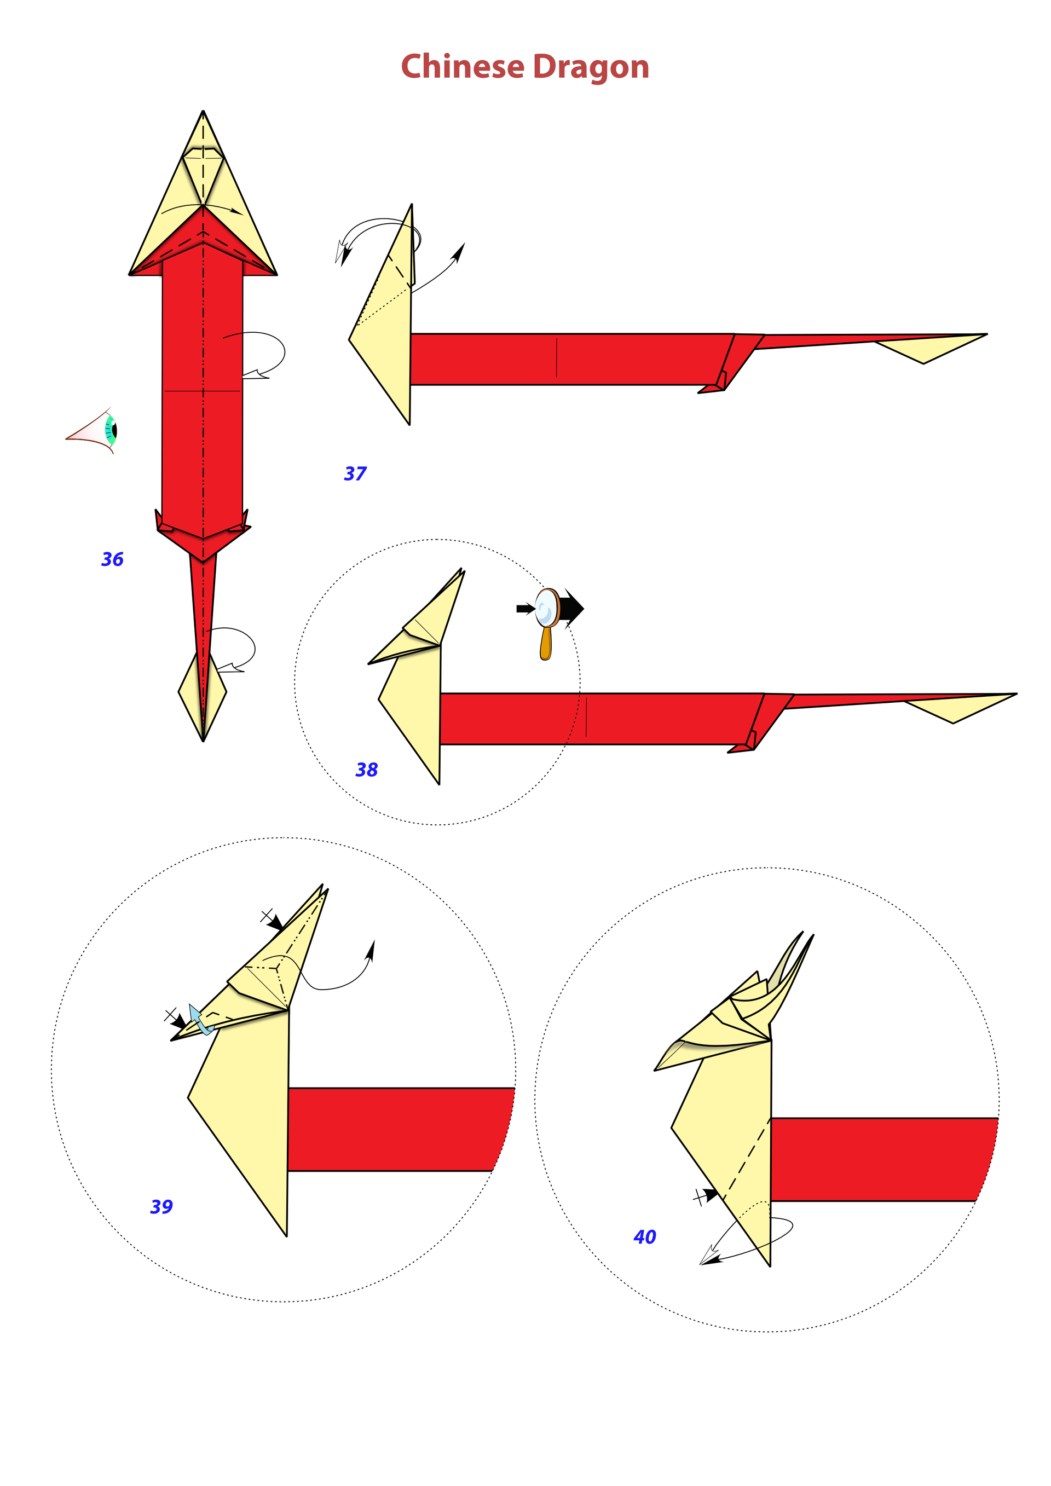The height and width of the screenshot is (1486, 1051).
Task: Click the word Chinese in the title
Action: (x=463, y=67)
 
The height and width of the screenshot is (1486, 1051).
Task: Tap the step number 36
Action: (x=112, y=559)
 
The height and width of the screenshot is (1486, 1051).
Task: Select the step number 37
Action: (x=355, y=474)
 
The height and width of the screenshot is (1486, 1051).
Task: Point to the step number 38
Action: (x=367, y=770)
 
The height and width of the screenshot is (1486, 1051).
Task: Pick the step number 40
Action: (x=645, y=1238)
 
